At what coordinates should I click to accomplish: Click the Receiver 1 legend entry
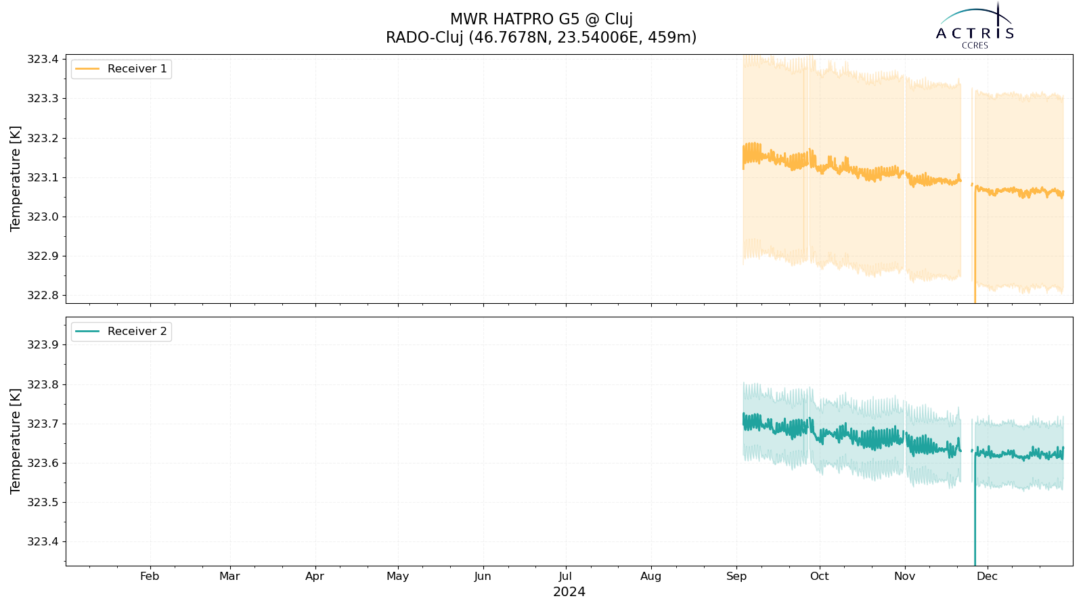(121, 69)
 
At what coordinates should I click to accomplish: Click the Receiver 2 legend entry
(121, 332)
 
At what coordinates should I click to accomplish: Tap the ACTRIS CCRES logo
(975, 26)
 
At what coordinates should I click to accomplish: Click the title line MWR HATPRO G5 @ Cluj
(541, 20)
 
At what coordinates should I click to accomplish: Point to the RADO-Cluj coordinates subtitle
(541, 37)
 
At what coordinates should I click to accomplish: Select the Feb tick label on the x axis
(150, 576)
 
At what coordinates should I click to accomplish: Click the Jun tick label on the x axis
(483, 576)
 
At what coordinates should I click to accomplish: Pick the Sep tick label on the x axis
(736, 576)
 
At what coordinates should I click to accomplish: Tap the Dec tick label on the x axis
(987, 576)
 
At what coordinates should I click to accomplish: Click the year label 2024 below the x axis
(569, 592)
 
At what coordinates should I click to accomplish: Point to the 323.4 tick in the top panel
(43, 60)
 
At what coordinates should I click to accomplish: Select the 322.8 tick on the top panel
(43, 295)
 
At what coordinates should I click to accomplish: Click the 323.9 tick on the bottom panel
(43, 345)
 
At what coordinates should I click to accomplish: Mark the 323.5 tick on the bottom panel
(43, 503)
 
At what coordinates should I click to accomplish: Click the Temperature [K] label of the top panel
(16, 179)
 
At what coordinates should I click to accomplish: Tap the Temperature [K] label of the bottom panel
(16, 441)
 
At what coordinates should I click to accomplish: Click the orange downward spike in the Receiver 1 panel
(975, 246)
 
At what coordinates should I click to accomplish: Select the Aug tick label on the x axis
(650, 576)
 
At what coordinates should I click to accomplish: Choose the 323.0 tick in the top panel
(43, 217)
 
